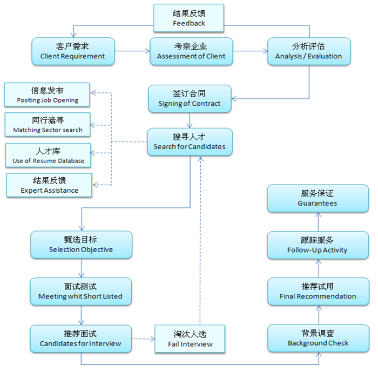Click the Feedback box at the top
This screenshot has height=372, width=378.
coord(189,18)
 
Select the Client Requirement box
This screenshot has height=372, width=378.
coord(73,51)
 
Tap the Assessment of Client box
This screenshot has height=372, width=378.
coord(191,51)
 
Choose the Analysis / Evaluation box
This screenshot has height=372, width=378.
coord(308,51)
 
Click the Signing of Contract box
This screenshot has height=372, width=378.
coord(190,99)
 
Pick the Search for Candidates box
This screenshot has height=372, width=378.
coord(190,142)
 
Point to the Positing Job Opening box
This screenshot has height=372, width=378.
coord(48,94)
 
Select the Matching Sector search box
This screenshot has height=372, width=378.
coord(48,125)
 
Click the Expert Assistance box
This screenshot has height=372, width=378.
coord(49,185)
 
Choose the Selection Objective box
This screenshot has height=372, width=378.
coord(81,245)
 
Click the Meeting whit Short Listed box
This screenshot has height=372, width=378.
coord(80,291)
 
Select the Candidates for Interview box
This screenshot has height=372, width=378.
coord(80,339)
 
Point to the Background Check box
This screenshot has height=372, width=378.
coord(318,338)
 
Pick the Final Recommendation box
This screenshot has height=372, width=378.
coord(318,292)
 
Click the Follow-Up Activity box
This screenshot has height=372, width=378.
coord(318,245)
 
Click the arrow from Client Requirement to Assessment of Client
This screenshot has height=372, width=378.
coord(132,51)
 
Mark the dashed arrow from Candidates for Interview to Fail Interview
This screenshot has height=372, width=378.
coord(143,339)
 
